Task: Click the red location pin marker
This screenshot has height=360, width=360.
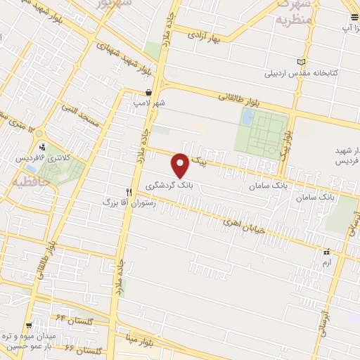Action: [181, 165]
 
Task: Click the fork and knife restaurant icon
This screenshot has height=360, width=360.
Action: [129, 191]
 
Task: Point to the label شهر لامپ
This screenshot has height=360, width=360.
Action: [150, 103]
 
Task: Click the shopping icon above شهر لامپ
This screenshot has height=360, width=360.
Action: [148, 93]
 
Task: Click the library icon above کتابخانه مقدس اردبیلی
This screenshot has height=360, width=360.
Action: [302, 62]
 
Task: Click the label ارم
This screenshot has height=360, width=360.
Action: [325, 262]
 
